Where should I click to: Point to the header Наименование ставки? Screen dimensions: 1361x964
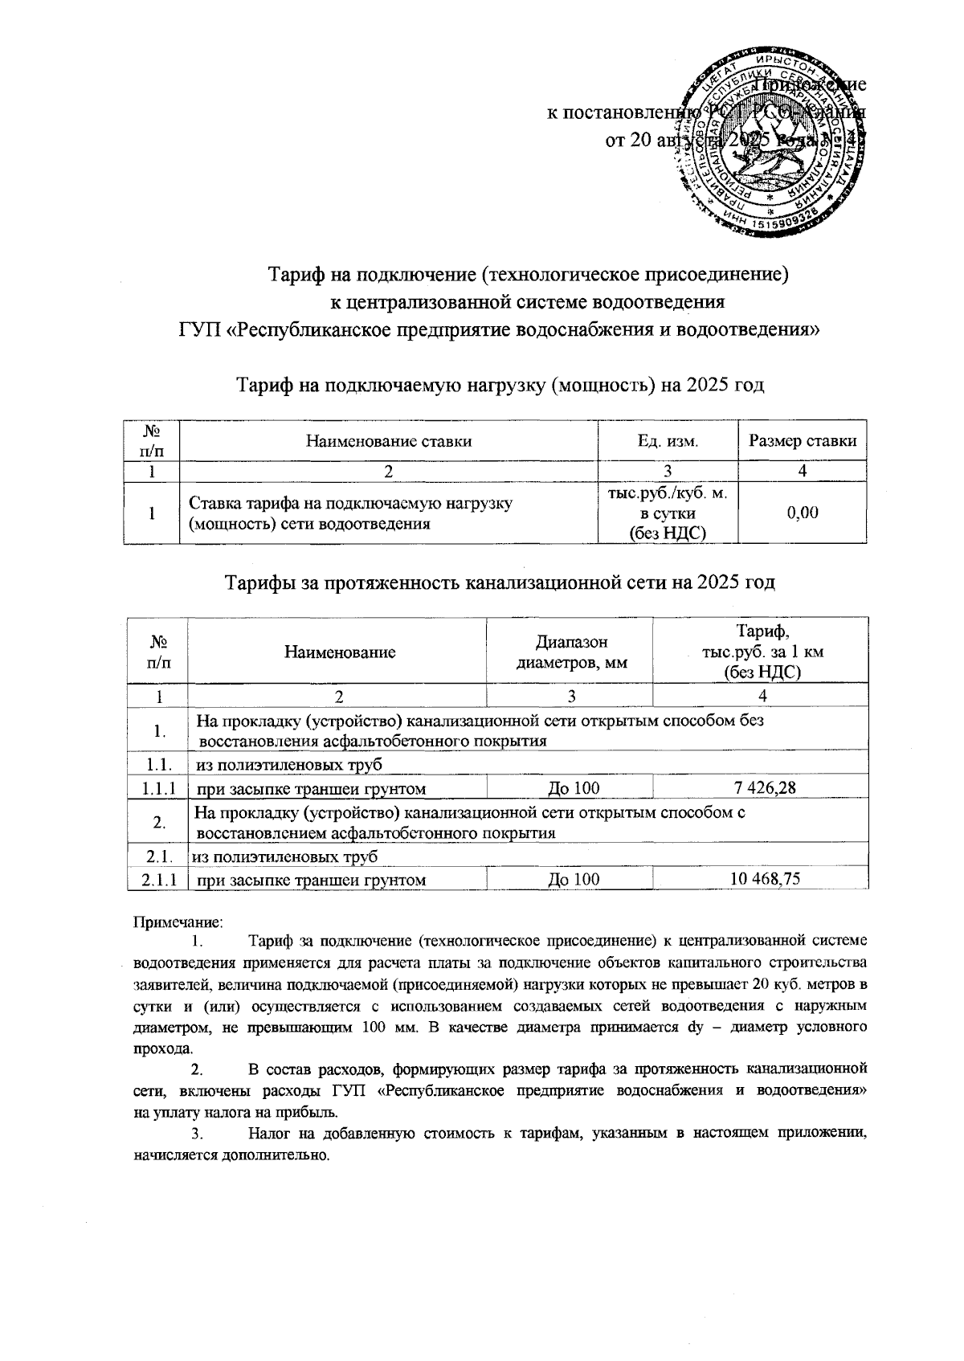[x=389, y=440]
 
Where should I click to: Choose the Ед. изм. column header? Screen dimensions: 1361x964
[x=668, y=440]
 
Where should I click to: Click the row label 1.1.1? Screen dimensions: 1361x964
[x=158, y=788]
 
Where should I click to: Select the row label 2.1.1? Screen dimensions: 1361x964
[x=158, y=880]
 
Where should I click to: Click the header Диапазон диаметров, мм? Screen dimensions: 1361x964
[x=571, y=652]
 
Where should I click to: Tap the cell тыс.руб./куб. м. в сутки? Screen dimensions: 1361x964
[x=668, y=512]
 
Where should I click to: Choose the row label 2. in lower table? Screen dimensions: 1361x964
[x=158, y=822]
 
